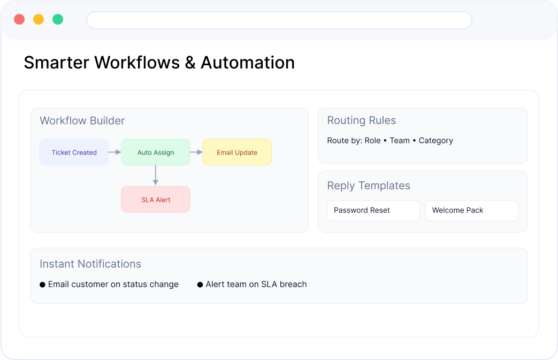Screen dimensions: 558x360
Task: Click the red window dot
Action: pos(19,19)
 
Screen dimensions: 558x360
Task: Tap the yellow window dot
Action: pos(39,19)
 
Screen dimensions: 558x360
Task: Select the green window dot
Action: pos(58,19)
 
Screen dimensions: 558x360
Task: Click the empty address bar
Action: pos(279,20)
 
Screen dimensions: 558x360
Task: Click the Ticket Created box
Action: pos(74,152)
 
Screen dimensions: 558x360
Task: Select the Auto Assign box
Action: pos(156,152)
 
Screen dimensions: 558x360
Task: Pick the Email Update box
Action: pos(237,152)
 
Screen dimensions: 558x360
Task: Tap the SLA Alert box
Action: pos(156,199)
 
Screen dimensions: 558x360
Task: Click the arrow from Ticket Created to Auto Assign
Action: pos(114,152)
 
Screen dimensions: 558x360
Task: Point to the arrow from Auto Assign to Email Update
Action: pos(196,152)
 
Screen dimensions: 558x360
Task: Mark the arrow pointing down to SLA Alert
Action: pos(156,175)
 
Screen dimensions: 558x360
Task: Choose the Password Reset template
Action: pos(373,210)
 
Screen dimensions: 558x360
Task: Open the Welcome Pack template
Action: pos(471,210)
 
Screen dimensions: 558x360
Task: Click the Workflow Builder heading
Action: pos(82,120)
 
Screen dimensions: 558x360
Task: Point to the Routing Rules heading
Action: pos(362,120)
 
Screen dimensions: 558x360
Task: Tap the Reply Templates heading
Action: pos(369,186)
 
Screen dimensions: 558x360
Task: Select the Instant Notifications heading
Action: pos(90,264)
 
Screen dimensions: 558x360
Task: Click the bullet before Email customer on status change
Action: pos(42,285)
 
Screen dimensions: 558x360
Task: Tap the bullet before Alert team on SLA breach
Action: pos(200,285)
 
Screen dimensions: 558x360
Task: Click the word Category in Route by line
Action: pos(436,141)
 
